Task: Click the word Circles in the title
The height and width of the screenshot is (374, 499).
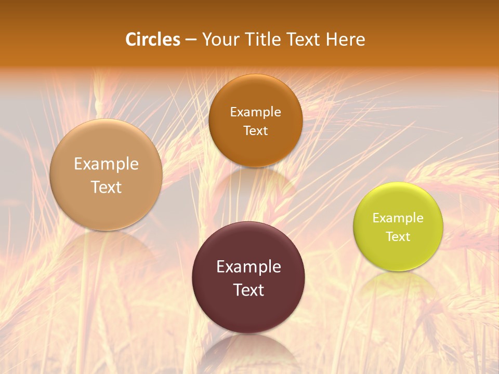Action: (152, 39)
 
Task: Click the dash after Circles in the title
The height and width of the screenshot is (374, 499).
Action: (190, 40)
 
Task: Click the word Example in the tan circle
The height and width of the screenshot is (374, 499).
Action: (106, 164)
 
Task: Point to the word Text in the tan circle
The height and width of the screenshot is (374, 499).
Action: (106, 187)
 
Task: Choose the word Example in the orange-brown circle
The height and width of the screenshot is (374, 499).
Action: (255, 112)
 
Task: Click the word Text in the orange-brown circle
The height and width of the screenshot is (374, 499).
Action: (255, 130)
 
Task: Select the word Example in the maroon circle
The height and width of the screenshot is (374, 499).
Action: (248, 267)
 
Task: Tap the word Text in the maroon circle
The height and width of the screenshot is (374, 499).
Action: (248, 290)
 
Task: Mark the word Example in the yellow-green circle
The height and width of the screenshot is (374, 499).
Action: (398, 218)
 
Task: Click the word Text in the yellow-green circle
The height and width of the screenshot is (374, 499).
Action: (398, 236)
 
